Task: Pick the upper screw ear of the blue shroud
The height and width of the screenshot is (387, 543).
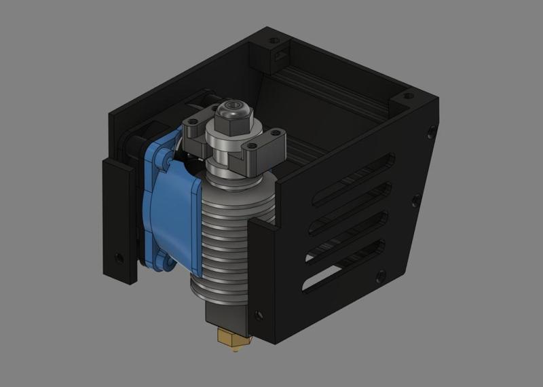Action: tap(162, 158)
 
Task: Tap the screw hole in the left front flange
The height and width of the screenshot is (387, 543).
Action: tap(119, 258)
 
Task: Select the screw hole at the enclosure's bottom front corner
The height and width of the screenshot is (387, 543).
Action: tap(258, 315)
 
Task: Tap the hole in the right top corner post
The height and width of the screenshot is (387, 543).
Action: tap(408, 96)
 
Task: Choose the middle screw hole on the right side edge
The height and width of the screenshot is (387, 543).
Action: tap(415, 200)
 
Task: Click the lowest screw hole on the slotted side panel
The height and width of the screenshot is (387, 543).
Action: tap(380, 275)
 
